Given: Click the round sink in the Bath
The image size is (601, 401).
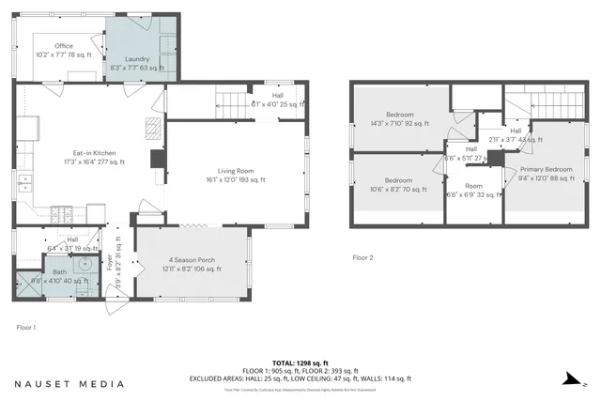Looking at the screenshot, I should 85,264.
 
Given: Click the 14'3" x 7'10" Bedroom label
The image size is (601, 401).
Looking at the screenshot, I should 398,117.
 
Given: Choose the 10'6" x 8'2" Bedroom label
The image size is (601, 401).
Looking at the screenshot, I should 398,183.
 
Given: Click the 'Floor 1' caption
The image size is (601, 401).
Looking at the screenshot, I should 26,327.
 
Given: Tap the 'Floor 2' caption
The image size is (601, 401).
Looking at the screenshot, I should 362,256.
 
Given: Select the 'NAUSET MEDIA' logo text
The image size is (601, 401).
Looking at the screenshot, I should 69,383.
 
